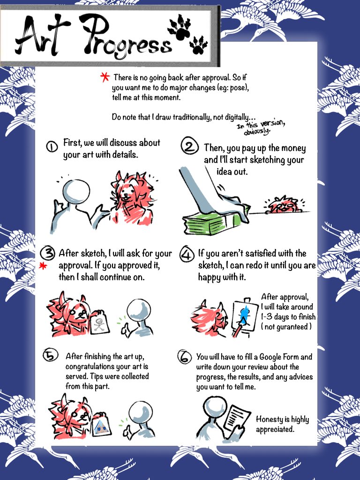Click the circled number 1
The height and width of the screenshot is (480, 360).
[52, 147]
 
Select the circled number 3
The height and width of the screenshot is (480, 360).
[48, 253]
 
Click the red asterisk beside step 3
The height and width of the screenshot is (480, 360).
[43, 266]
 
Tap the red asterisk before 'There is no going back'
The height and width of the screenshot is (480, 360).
[105, 77]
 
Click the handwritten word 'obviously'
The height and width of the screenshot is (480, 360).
[257, 131]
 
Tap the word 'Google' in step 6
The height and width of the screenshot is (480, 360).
[270, 358]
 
